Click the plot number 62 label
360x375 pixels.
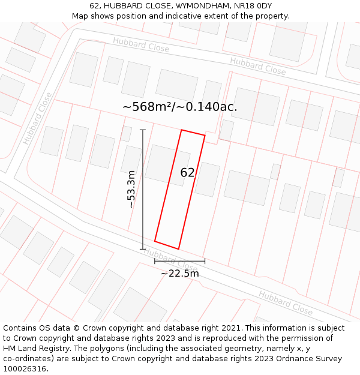coord(187,173)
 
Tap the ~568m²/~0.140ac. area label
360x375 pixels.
coord(179,107)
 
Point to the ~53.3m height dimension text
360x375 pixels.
coord(131,189)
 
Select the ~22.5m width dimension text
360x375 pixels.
coord(179,274)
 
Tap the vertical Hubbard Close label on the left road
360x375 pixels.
coord(37,118)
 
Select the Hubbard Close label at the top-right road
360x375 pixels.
coord(257,65)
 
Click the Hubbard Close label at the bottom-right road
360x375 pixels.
coord(286,302)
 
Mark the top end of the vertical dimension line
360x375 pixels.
coord(143,130)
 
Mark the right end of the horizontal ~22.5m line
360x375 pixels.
coord(205,261)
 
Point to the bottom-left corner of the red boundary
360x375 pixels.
coord(155,241)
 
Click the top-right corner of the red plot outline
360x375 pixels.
coord(205,136)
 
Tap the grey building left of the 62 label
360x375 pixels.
coord(166,164)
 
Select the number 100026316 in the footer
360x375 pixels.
coord(25,369)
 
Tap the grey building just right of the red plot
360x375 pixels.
coord(208,179)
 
